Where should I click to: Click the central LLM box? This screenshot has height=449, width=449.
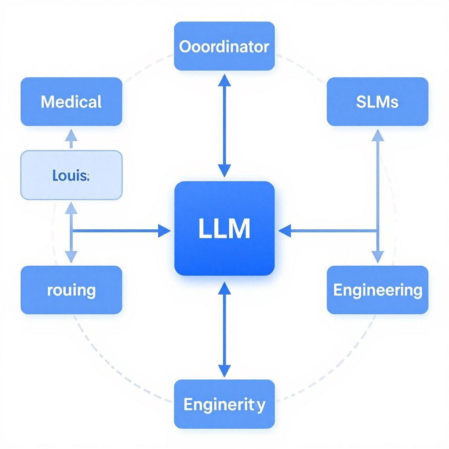pos(224,228)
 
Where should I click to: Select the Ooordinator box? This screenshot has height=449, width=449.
pos(224,46)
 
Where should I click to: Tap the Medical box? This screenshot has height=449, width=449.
pos(71,102)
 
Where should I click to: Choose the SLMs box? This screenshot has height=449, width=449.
pos(377,102)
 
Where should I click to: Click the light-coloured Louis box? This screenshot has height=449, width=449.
pos(71,175)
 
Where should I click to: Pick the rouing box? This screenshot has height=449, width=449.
pos(71,290)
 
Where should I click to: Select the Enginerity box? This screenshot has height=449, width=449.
pos(224,404)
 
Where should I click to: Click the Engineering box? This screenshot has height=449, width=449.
pos(377,290)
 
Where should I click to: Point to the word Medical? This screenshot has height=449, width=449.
pos(71,102)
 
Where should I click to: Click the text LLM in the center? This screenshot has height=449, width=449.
pos(224,228)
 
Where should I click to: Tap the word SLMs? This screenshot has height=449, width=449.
pos(377,102)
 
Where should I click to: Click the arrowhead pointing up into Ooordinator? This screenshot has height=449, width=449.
pos(224,80)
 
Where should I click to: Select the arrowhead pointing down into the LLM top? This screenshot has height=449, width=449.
pos(224,171)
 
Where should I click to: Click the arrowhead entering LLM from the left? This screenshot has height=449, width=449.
pos(164,230)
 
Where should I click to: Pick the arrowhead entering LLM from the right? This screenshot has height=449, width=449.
pos(285,230)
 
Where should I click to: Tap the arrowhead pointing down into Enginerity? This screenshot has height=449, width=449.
pos(224,371)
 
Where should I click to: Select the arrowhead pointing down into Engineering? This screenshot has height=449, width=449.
pos(378,257)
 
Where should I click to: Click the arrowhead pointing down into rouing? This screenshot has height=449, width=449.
pos(71,257)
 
